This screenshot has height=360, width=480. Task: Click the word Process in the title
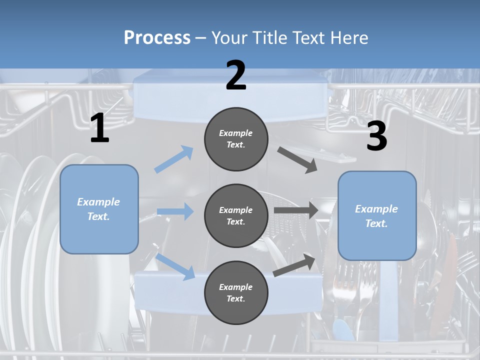click(x=157, y=38)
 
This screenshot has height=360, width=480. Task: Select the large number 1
click(x=99, y=129)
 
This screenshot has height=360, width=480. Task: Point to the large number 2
click(x=236, y=75)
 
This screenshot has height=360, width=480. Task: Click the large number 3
click(x=376, y=136)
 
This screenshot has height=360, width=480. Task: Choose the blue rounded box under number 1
click(x=99, y=209)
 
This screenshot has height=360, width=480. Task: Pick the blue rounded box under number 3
click(x=377, y=215)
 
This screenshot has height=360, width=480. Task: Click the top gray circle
click(x=236, y=139)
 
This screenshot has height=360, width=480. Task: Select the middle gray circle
click(x=236, y=215)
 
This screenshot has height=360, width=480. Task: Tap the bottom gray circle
click(x=236, y=292)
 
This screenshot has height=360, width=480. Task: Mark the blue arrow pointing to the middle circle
click(x=175, y=211)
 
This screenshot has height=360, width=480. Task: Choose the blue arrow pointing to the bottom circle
click(x=175, y=266)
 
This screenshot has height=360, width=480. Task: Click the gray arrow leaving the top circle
click(x=297, y=160)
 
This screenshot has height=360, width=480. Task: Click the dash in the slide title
click(x=201, y=38)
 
